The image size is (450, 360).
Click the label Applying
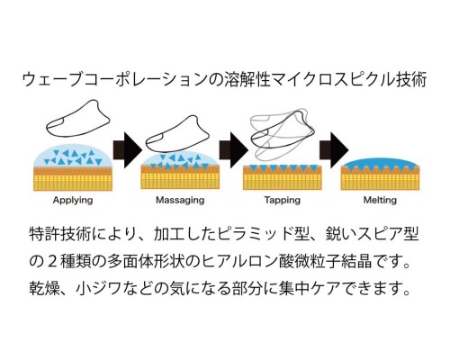tap(73, 201)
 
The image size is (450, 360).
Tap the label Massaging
tap(180, 201)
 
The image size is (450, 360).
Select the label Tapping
tap(283, 201)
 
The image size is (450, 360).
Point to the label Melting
tap(380, 201)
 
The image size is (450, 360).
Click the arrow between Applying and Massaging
tap(127, 149)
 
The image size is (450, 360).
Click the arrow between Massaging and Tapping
tap(234, 149)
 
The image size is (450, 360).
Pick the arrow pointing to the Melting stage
tap(334, 149)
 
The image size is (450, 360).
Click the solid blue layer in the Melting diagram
tap(380, 163)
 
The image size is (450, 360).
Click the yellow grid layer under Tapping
tap(283, 182)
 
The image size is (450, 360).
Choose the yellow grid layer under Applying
tap(73, 183)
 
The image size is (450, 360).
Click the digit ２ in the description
tap(52, 261)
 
